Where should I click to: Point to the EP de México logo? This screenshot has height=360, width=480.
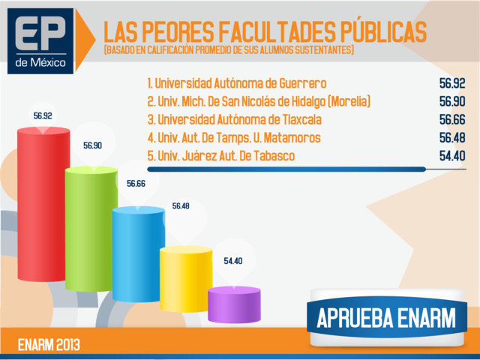43,41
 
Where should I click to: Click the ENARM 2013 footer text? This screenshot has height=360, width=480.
49,345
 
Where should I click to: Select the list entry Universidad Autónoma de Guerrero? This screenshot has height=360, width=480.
237,82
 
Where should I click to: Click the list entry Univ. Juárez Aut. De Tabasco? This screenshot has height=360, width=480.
221,156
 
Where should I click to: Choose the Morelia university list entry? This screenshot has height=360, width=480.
259,101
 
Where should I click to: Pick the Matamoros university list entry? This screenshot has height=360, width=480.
234,138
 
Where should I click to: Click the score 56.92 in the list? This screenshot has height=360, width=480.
452,82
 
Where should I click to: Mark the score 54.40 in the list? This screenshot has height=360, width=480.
452,156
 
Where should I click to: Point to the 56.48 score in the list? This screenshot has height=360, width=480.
452,138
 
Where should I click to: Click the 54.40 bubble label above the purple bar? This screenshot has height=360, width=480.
233,261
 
